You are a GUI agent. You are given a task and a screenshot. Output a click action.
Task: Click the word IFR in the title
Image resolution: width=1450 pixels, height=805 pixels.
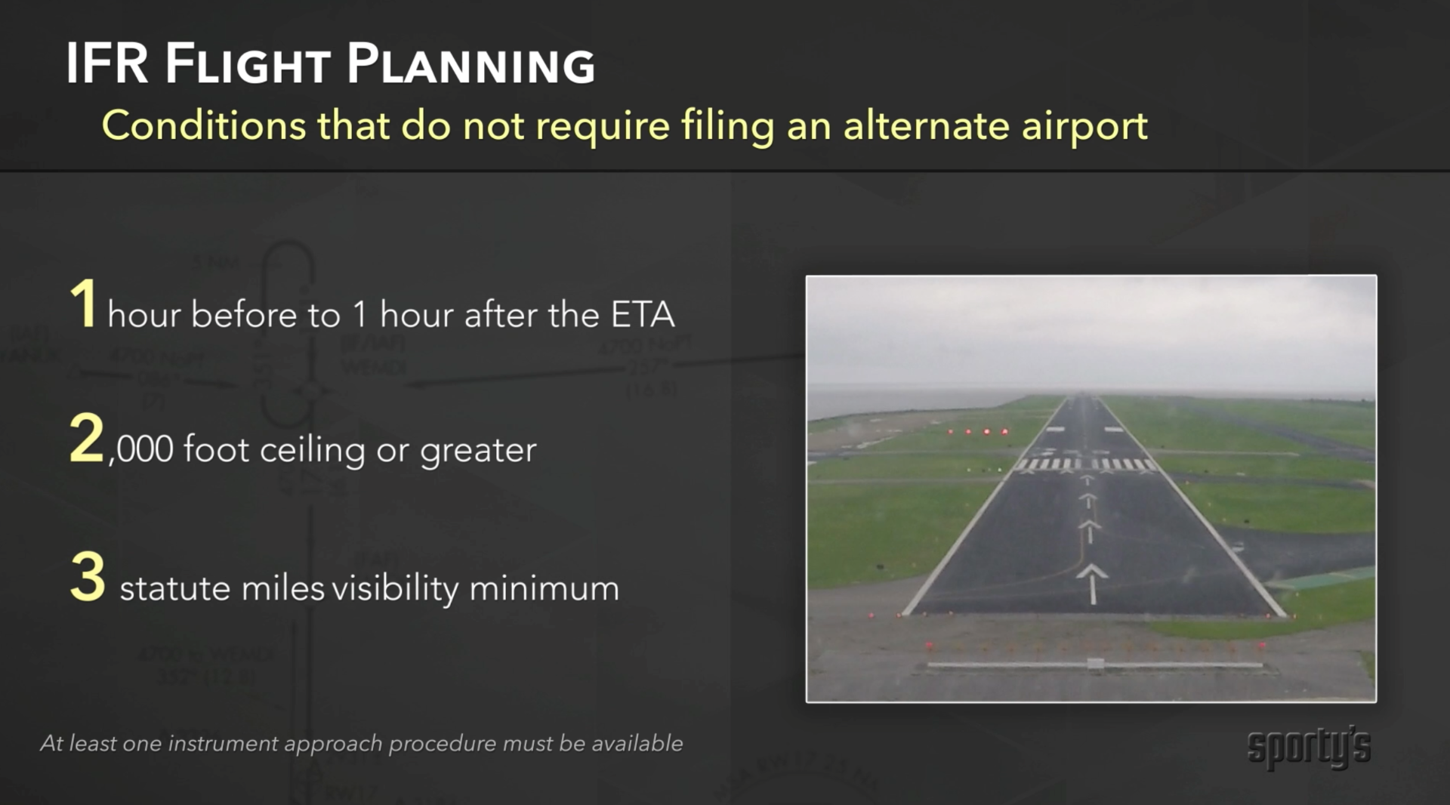(x=106, y=63)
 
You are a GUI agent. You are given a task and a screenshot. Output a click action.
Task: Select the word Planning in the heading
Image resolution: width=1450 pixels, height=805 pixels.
(x=471, y=63)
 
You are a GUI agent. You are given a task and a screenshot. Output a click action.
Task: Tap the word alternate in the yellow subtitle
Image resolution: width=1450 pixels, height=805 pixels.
(x=926, y=125)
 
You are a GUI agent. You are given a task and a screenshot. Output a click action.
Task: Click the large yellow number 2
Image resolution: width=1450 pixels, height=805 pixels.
(x=86, y=437)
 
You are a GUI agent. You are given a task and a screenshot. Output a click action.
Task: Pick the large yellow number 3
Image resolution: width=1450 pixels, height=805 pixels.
(x=88, y=575)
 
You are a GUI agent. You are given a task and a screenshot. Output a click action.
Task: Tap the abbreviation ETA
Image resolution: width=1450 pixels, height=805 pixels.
(x=643, y=314)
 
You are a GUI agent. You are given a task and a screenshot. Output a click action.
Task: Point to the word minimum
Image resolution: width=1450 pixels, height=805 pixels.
(x=544, y=588)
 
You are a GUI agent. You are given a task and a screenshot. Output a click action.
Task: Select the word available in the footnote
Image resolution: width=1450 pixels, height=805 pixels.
(x=637, y=743)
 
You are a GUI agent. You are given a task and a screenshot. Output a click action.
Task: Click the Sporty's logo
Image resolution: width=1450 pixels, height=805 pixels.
(x=1309, y=748)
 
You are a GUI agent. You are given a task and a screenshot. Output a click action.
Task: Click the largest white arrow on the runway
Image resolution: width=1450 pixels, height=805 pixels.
(x=1092, y=584)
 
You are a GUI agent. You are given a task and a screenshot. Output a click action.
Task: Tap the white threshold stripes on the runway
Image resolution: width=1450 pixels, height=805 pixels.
(x=1086, y=464)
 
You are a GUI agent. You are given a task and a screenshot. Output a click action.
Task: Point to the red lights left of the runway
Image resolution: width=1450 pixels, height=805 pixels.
(x=977, y=432)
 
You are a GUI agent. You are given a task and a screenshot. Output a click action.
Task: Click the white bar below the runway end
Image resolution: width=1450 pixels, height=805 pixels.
(x=1095, y=665)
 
